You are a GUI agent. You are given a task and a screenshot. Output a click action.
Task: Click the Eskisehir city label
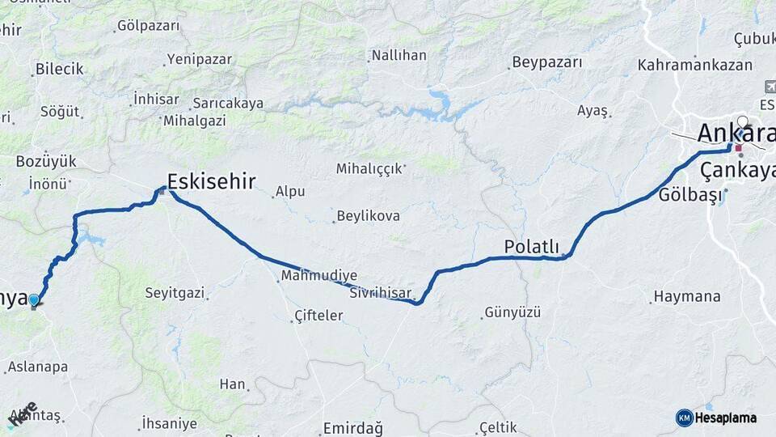[211, 180]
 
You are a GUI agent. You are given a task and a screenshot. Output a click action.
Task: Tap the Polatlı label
[531, 246]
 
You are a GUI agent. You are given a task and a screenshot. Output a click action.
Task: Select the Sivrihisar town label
[381, 293]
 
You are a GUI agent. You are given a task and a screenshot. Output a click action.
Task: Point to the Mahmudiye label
[319, 275]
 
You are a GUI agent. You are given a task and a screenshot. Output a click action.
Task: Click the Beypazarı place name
[546, 62]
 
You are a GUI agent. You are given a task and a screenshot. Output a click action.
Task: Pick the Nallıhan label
[398, 56]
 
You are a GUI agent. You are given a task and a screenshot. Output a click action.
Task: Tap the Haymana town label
[686, 297]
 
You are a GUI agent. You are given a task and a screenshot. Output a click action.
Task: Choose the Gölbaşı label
[690, 195]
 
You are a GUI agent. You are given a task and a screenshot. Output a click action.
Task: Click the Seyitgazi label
[175, 292]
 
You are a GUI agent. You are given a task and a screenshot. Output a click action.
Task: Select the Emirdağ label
[352, 427]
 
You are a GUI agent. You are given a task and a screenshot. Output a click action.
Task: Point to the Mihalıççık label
[369, 168]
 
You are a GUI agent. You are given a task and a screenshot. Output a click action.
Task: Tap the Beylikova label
[368, 216]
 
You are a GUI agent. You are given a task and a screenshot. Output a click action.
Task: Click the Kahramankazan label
[694, 65]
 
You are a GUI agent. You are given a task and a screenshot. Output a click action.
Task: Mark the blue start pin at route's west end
[33, 301]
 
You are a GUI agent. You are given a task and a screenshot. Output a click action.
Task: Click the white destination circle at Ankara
[743, 122]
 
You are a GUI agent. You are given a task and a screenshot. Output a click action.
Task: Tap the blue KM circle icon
[684, 418]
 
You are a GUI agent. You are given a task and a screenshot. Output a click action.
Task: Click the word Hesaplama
[726, 418]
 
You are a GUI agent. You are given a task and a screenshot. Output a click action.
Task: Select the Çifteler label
[318, 315]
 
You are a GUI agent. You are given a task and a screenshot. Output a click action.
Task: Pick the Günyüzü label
[512, 312]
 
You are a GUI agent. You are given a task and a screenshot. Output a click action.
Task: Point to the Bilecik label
[59, 69]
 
